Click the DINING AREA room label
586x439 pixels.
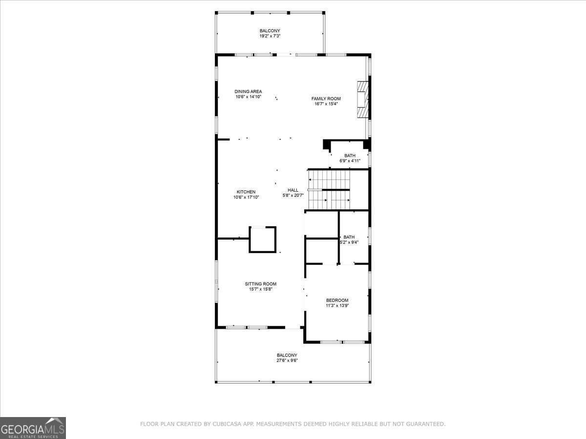tap(248, 91)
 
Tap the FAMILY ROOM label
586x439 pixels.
tap(326, 99)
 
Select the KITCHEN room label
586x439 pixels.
tap(246, 192)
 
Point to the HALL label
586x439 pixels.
tap(293, 190)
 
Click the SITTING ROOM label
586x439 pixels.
tap(260, 284)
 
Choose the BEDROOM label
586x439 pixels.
tap(337, 300)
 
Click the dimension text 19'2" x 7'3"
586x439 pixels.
tap(270, 36)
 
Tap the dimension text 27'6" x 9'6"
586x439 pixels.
tap(287, 360)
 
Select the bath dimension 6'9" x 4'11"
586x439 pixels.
tap(350, 161)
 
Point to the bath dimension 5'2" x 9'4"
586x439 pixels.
tap(349, 242)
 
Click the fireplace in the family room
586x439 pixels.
tap(362, 100)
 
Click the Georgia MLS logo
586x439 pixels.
tap(33, 428)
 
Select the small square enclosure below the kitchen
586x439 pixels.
tap(263, 239)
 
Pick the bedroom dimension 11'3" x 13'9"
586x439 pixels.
tap(337, 306)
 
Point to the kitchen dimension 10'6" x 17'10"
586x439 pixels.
tap(246, 198)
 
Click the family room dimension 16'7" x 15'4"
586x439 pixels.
tap(326, 104)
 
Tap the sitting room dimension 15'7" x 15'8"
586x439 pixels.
tap(260, 289)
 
